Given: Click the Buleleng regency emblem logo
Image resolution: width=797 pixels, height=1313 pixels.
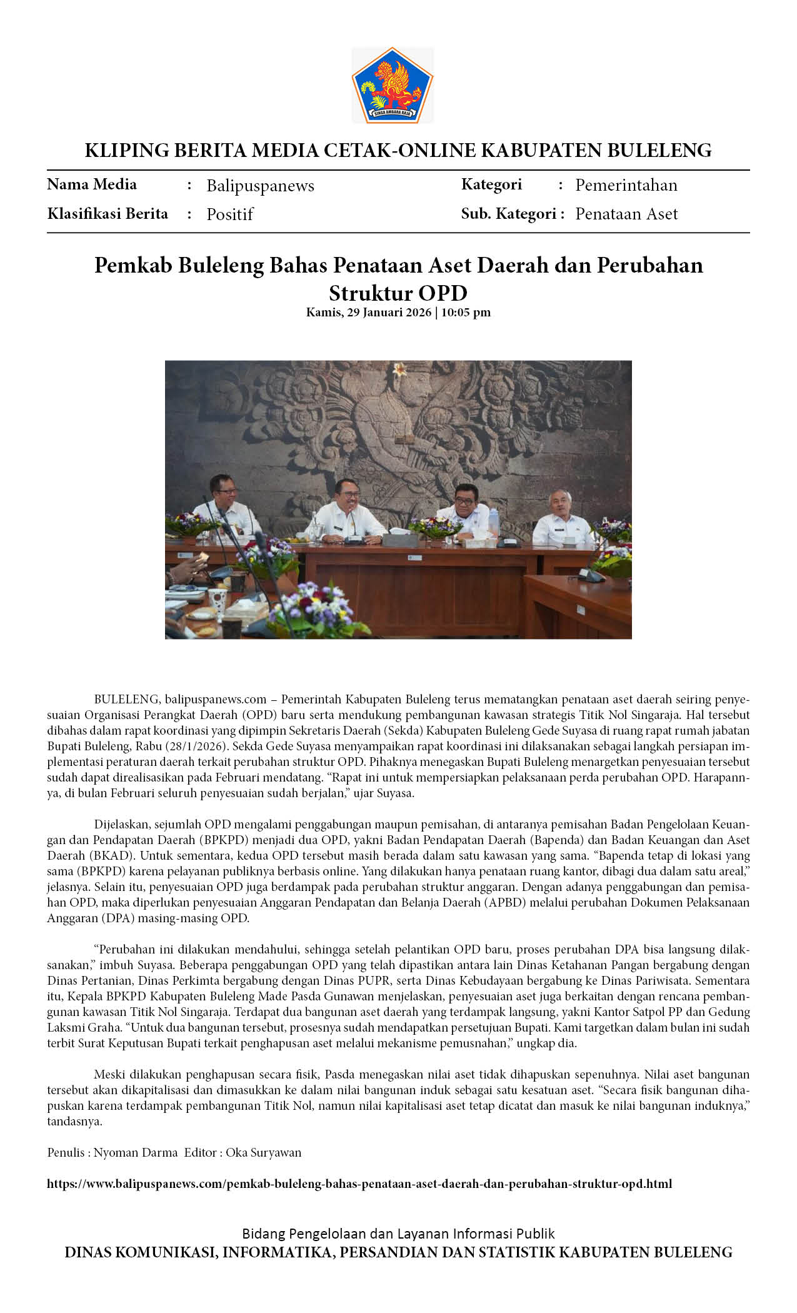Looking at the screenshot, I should (392, 85).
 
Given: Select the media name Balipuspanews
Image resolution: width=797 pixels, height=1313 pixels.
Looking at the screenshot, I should (260, 186).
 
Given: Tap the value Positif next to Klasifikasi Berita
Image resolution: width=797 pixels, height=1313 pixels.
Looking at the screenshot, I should (229, 214).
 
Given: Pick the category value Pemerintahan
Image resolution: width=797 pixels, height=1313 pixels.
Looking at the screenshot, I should (626, 185).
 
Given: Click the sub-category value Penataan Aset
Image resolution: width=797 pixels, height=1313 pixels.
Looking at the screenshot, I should (626, 214).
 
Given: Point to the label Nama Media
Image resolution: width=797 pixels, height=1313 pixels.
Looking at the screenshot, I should (92, 184).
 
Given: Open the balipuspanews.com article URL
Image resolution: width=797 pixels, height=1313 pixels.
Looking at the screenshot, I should (359, 1184).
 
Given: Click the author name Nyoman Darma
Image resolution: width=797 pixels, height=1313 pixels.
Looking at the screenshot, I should (136, 1152).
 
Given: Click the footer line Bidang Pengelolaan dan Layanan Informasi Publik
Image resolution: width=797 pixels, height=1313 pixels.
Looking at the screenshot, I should (398, 1234).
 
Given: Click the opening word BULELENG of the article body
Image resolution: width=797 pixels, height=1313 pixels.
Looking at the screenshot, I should (128, 699).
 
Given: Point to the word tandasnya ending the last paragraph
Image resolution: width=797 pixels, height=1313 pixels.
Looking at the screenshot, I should (74, 1121).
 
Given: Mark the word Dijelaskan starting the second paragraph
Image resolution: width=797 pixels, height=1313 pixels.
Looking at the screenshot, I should (121, 824).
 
